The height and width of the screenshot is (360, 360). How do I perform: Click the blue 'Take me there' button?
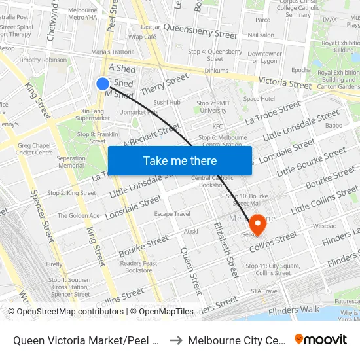[180, 161]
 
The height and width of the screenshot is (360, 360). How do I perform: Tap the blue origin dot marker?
[103, 83]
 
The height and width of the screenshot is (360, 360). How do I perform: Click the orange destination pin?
[257, 224]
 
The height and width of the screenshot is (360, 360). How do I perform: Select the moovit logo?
[320, 339]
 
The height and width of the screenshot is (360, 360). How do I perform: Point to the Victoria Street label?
[285, 83]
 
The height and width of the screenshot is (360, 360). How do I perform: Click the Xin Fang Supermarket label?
[92, 115]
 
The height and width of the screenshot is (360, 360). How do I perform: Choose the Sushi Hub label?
[167, 102]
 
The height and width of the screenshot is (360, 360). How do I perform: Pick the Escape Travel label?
[172, 214]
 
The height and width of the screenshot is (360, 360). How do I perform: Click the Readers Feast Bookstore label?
[139, 266]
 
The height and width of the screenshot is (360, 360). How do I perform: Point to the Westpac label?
[324, 226]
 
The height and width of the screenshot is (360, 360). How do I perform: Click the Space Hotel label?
[259, 98]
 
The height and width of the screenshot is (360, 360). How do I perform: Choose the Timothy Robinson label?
[43, 60]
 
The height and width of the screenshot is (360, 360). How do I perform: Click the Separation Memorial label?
[71, 162]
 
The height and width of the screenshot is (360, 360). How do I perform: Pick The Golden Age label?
[79, 215]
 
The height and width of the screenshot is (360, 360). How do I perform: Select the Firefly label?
[55, 264]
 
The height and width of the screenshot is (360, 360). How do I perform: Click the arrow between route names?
[175, 340]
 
